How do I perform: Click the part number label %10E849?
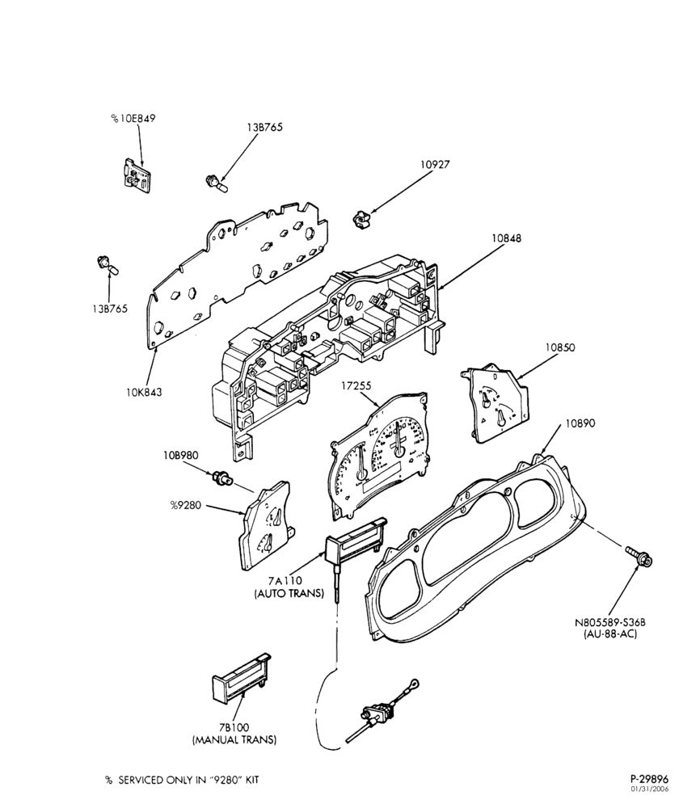(133, 119)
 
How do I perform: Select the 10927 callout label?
(435, 164)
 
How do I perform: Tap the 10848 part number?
(506, 238)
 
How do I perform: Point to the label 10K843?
(144, 392)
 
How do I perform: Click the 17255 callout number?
(356, 385)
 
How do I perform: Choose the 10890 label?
(580, 423)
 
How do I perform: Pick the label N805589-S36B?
(610, 622)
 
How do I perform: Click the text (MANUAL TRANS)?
(234, 740)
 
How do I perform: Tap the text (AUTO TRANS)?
(289, 594)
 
